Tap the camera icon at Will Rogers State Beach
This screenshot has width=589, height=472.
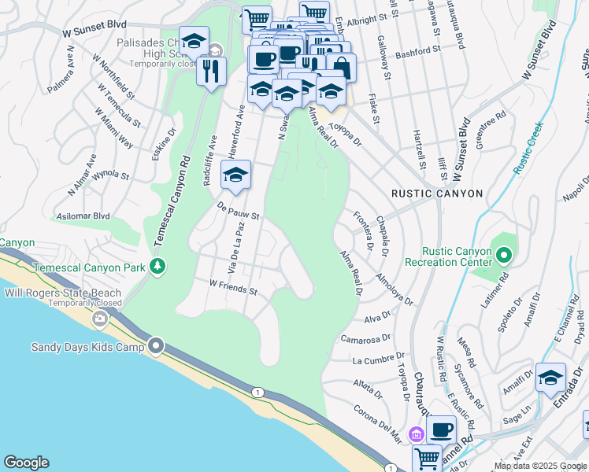coord(99,319)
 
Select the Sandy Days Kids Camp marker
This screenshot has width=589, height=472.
coord(157,346)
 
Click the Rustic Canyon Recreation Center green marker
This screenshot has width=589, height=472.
coord(504,255)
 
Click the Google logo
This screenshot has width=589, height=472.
coord(26,463)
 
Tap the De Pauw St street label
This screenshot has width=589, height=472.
coord(239,210)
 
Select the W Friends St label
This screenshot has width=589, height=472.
coord(233,287)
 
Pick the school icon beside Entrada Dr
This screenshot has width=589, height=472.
coord(550,377)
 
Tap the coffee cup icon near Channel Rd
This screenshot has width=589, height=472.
coord(441,430)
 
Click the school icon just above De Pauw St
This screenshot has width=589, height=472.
coord(235,175)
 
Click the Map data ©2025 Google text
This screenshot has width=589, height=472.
coord(540,466)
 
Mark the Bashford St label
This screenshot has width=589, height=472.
coord(417,51)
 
